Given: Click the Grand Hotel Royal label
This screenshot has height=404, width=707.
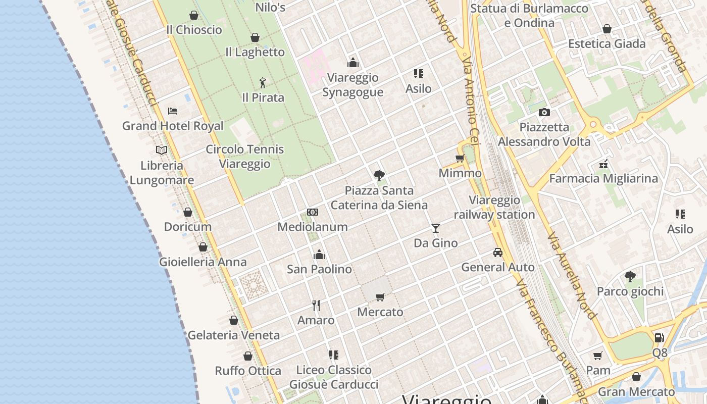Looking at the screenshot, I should click(173, 126).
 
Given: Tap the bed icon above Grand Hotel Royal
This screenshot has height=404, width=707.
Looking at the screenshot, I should click(173, 111).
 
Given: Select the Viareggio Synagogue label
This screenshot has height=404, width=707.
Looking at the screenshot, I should click(352, 85).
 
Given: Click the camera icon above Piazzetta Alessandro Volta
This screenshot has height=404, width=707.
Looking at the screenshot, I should click(544, 112).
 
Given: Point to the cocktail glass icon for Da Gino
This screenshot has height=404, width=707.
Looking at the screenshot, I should click(435, 228).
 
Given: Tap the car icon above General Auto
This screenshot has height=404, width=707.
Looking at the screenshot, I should click(498, 252).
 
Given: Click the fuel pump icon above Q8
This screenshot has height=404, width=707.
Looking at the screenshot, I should click(659, 338).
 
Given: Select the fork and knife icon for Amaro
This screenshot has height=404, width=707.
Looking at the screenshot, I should click(316, 306).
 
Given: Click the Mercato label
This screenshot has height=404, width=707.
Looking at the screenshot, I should click(380, 312).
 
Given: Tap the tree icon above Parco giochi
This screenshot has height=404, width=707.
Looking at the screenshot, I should click(630, 277).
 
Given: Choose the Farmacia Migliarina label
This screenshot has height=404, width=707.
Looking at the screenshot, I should click(603, 178).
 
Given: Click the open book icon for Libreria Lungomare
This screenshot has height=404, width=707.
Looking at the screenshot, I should click(162, 150).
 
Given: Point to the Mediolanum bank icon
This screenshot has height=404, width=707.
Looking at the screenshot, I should click(313, 212).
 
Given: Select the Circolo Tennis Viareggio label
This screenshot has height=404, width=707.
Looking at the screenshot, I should click(245, 157).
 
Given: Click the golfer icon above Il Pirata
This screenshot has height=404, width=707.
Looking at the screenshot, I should click(263, 83).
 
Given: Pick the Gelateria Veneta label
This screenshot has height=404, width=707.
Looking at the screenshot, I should click(233, 335).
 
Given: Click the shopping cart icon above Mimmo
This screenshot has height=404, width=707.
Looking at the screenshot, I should click(460, 159).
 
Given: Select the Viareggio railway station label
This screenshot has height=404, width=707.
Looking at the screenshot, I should click(494, 208).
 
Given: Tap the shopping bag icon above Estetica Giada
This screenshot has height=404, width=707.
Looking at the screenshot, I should click(607, 29).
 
